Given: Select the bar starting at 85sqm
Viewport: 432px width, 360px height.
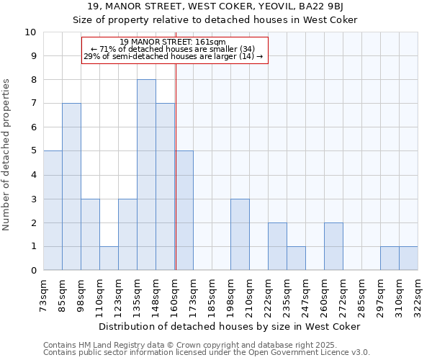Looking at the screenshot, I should pos(71,186).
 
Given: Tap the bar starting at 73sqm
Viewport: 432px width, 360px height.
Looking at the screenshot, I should pos(53,210).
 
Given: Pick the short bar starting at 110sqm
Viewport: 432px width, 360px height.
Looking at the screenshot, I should pos(109,258).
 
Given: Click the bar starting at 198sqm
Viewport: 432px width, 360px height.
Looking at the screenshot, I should pos(240,234).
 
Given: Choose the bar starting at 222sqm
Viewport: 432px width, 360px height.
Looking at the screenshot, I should pos(277,246).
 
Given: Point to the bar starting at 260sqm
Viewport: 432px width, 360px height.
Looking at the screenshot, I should pos(333,246).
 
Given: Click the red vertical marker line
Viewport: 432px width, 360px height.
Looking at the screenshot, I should pos(176,180).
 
